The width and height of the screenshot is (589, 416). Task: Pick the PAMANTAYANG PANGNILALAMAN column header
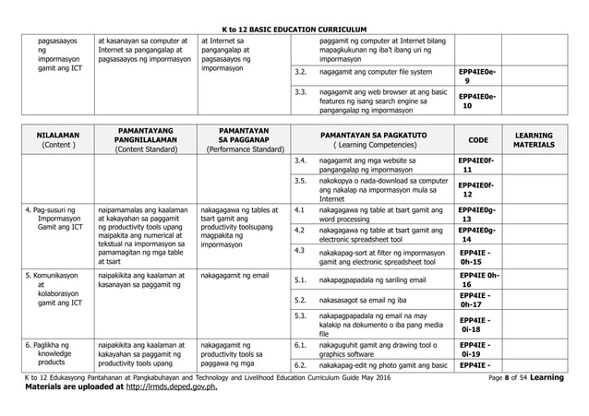point(143,138)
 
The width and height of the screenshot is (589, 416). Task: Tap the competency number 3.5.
point(300,181)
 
